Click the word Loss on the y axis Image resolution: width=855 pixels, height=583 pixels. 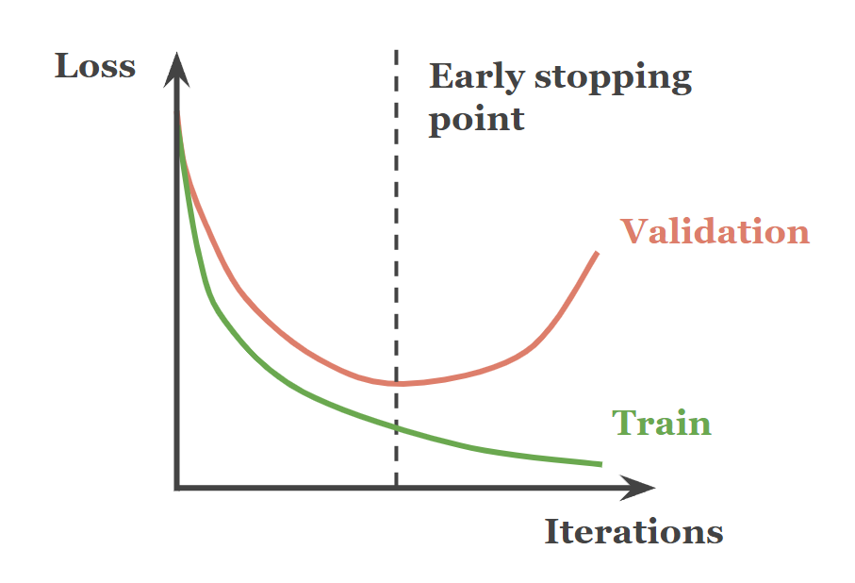[95, 67]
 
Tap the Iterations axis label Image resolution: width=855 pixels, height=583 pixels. [633, 531]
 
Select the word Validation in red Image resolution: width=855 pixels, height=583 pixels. [715, 231]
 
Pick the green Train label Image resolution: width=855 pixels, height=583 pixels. [662, 423]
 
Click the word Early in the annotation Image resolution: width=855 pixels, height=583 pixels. [477, 77]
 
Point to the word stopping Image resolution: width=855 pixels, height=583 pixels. [613, 78]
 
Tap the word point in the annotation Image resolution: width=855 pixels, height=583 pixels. [477, 120]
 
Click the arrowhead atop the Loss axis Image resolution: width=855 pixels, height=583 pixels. [176, 70]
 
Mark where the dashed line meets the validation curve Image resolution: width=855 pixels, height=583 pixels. [397, 384]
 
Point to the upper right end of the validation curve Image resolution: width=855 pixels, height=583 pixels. [597, 253]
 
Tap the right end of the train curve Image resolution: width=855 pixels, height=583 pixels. [601, 464]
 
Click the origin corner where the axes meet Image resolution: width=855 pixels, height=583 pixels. [176, 488]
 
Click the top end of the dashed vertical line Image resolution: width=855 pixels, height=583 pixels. [397, 51]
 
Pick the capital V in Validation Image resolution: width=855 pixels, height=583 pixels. [635, 231]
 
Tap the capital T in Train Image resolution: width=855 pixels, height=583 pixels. [625, 423]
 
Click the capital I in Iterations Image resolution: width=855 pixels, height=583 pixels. [552, 531]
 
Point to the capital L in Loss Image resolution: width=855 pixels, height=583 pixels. [67, 67]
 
